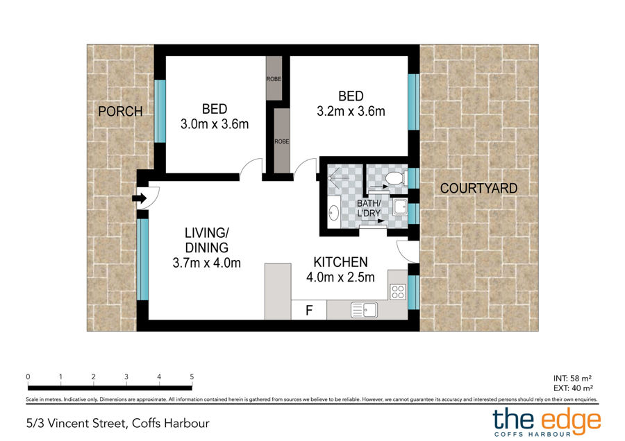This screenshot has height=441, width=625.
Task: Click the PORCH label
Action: click(120, 112)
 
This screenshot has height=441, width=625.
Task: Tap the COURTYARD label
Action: click(478, 189)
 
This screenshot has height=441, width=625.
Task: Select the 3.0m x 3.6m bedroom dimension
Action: click(215, 124)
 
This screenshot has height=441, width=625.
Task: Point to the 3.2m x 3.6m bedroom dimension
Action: click(351, 111)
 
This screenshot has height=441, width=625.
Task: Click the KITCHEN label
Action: click(340, 262)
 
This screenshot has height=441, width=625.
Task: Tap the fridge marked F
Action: click(309, 310)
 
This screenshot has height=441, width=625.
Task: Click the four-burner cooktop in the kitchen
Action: click(398, 292)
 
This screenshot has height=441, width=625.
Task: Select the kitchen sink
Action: click(365, 310)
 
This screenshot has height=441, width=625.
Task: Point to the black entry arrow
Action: click(140, 198)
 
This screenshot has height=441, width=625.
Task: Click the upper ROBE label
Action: click(274, 79)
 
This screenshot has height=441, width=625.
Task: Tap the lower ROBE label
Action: click(281, 141)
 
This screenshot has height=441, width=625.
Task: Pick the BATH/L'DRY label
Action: click(369, 209)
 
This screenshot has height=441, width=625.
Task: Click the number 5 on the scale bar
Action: click(192, 377)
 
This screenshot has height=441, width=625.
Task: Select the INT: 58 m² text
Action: click(572, 378)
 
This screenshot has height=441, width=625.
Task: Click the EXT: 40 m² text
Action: click(573, 388)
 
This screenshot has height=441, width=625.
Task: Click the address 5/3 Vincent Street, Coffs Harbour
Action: click(117, 423)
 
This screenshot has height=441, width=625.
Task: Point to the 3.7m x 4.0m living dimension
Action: click(206, 263)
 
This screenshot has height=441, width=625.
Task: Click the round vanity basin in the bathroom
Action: click(333, 213)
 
